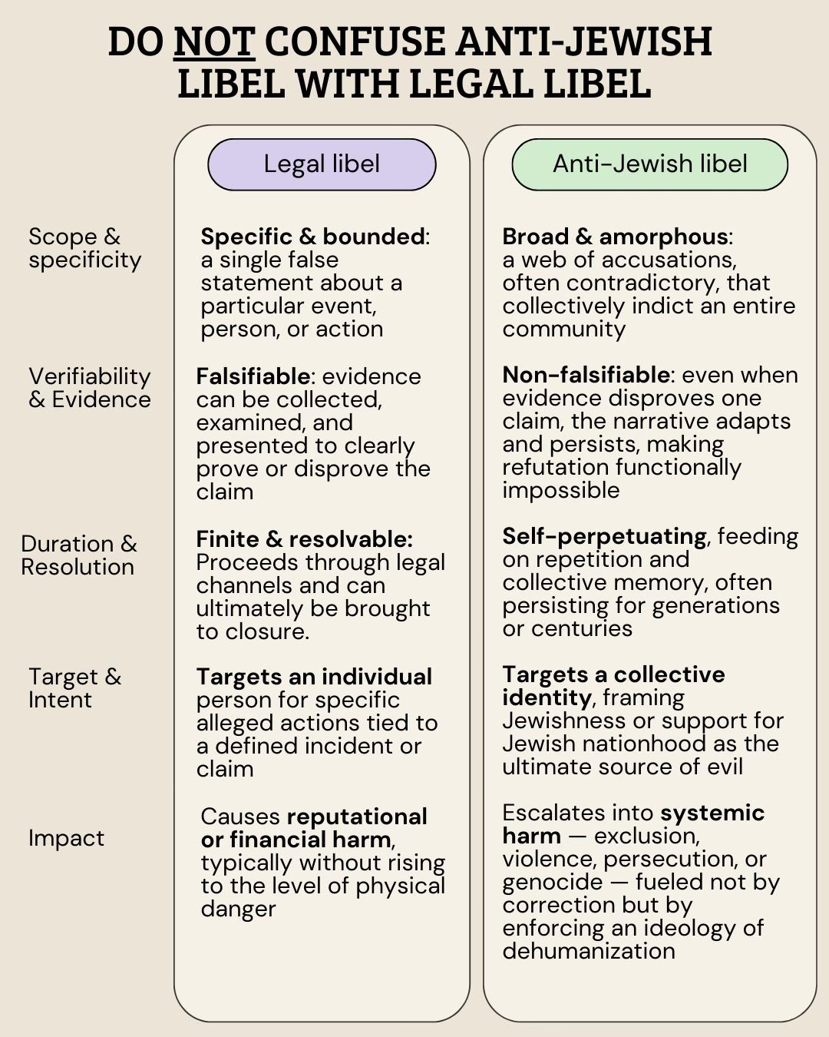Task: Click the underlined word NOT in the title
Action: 214,42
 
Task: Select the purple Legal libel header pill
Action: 322,164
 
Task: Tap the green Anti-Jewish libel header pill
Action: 649,164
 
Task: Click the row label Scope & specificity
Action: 84,248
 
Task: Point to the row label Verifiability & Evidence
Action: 89,388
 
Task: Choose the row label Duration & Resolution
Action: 78,555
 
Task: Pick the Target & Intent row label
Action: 74,688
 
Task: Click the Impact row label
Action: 66,838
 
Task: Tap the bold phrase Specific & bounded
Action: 312,237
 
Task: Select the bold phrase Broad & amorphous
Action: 615,237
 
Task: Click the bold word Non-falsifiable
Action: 586,375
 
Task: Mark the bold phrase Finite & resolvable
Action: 304,539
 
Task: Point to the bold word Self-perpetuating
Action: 604,536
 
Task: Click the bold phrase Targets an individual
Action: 314,677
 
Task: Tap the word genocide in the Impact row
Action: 552,882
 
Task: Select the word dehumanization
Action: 589,951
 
